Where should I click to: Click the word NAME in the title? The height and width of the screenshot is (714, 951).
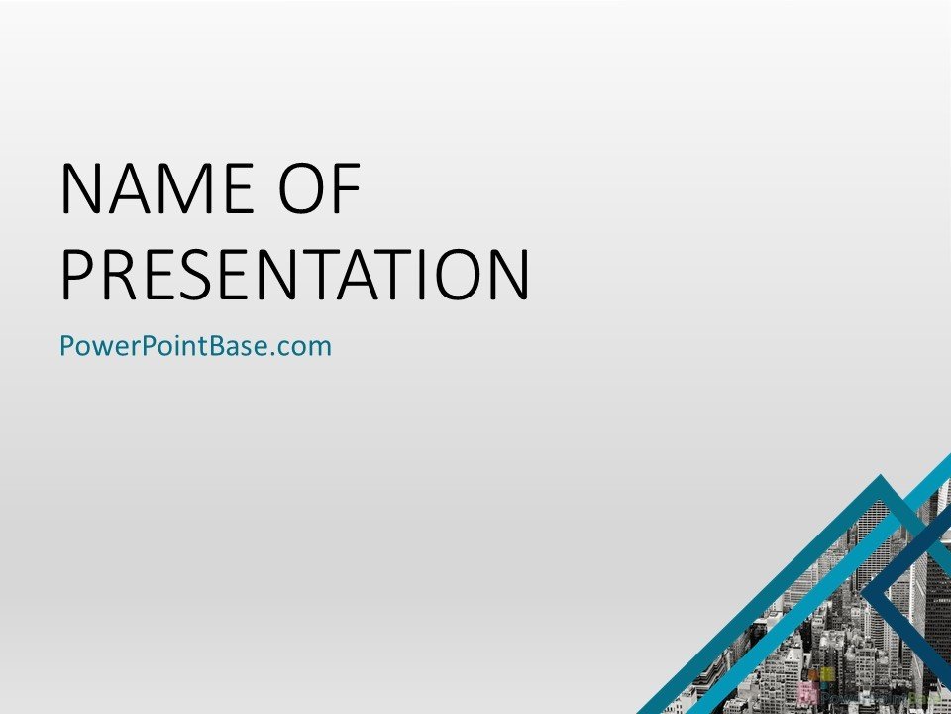tap(158, 188)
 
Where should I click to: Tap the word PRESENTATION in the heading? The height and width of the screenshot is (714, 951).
tap(295, 274)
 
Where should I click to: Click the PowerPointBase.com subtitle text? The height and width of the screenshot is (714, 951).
tap(195, 346)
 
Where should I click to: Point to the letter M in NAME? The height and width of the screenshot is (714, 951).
tap(182, 188)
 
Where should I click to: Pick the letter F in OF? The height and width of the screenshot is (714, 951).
tap(347, 188)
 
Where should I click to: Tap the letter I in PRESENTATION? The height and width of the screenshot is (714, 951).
tap(422, 274)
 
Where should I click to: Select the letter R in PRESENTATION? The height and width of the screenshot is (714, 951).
tap(119, 274)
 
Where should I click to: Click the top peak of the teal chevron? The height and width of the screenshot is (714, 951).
tap(880, 480)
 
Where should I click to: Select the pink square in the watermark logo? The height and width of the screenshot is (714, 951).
tap(807, 690)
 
